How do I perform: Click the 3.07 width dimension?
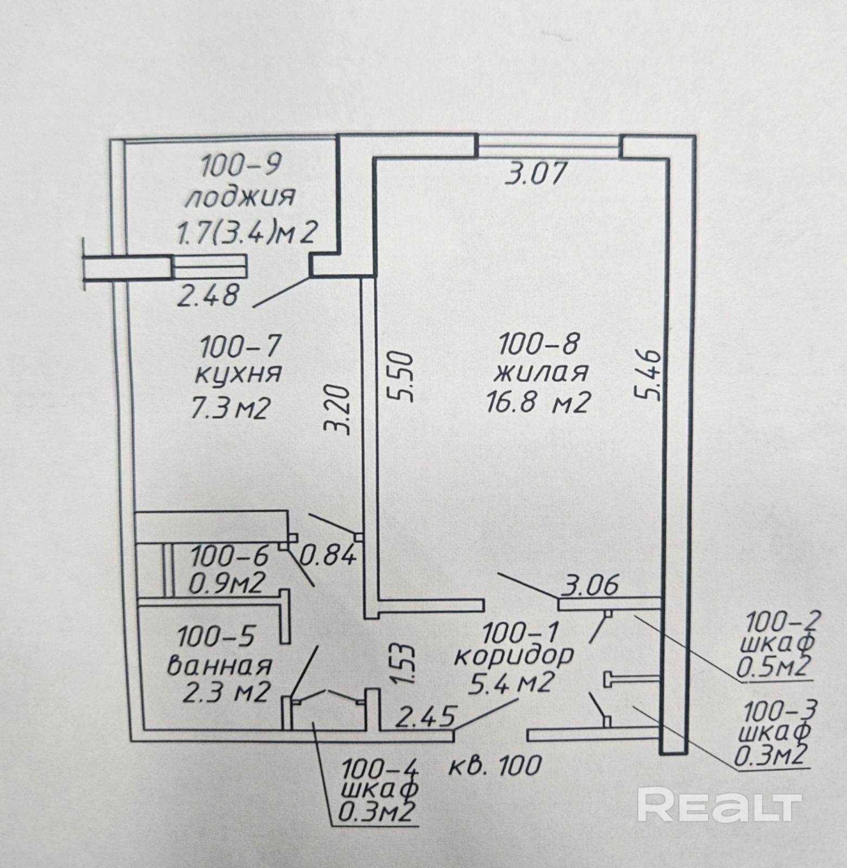coord(536,175)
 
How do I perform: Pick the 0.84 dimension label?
coord(329,555)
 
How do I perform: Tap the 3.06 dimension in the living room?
coord(591,585)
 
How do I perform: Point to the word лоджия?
coord(240,198)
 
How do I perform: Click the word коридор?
coord(513,657)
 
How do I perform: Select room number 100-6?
coord(229,556)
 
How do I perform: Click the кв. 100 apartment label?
coord(496,765)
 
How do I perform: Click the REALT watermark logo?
coord(719,806)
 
